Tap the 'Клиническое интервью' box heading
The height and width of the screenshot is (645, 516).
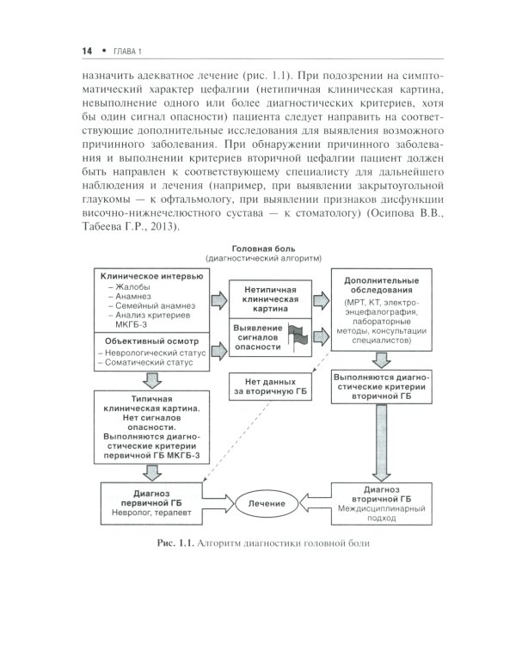click(x=152, y=276)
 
